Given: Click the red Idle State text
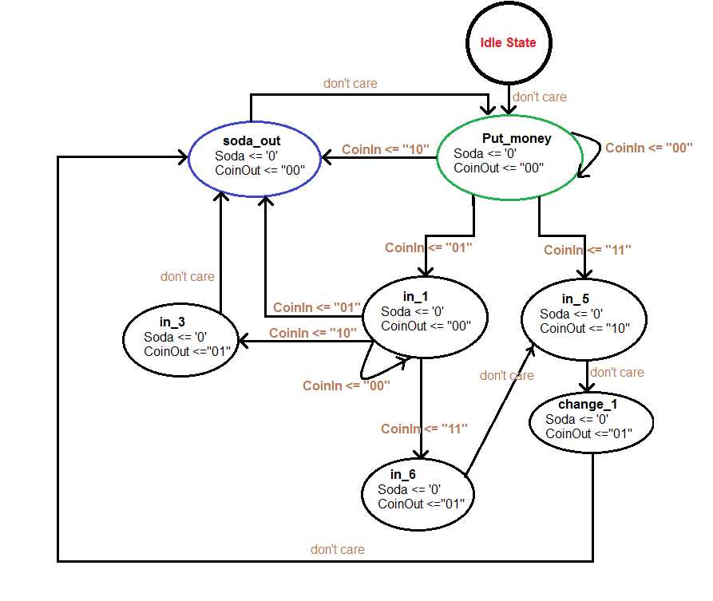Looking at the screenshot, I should coord(509,42).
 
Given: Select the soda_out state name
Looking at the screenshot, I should coord(252,140).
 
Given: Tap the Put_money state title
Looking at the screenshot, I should coord(517,138).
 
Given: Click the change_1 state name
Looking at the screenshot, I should coord(588,405).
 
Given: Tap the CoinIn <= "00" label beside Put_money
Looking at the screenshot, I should coord(648,148).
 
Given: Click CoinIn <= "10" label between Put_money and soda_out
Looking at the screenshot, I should coord(386,149).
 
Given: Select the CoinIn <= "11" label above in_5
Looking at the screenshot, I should coord(588,250).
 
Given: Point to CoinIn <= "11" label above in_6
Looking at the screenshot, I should coord(424,429).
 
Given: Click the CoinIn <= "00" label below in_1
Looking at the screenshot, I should coord(346,386).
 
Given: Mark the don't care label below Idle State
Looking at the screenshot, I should coord(540,97).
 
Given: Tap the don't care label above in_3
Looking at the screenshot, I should coord(187,276).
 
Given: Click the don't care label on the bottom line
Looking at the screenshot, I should coord(337,549).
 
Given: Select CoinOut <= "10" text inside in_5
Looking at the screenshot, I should coord(584,328).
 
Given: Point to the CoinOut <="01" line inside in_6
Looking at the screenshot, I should coord(421,504).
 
